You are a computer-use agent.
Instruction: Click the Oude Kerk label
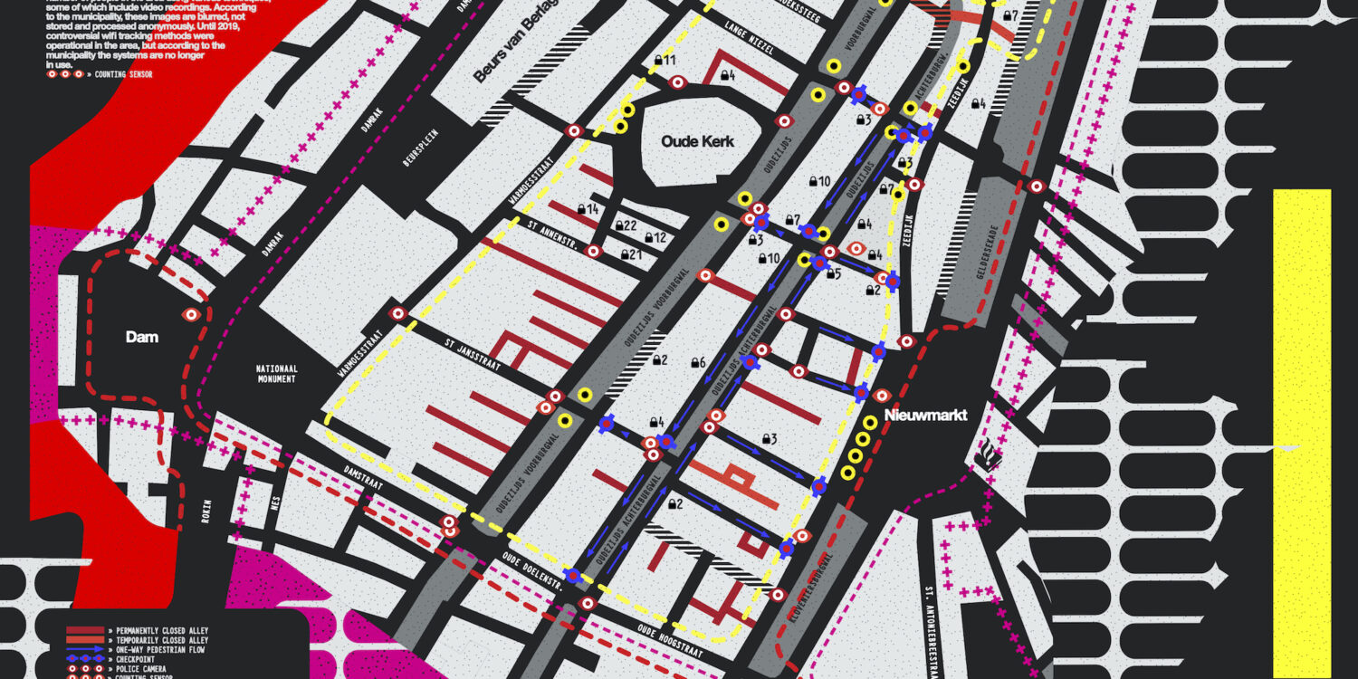(697, 142)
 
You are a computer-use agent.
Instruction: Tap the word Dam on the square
(142, 337)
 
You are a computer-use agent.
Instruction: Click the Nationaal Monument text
(276, 374)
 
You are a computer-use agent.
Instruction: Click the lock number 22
(626, 225)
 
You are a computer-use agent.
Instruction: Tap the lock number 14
(589, 209)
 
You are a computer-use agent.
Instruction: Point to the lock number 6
(698, 362)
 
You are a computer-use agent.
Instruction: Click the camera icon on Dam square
(190, 315)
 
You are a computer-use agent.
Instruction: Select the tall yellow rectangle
(1302, 433)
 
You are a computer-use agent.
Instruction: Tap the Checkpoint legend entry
(136, 659)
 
